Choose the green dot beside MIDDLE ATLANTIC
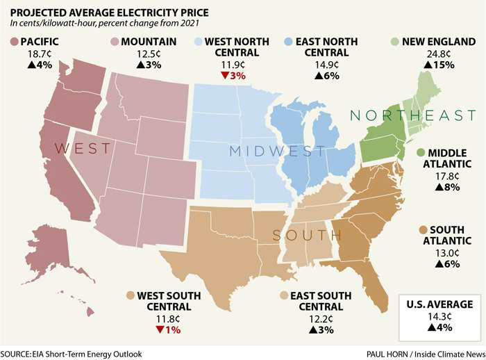point(421,153)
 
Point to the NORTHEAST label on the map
point(412,115)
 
